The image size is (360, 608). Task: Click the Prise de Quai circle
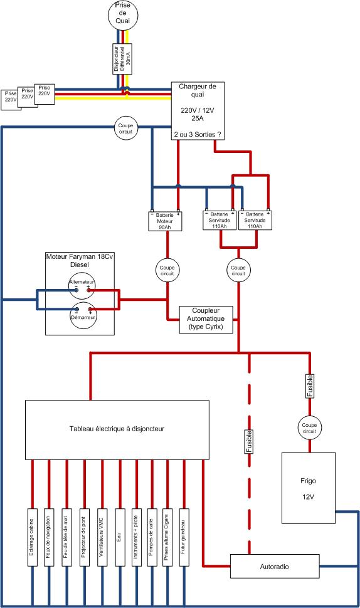click(x=122, y=14)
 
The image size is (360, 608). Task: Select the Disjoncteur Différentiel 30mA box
click(x=122, y=58)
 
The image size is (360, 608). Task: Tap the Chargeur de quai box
click(x=198, y=111)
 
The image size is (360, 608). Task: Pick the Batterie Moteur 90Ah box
click(x=165, y=221)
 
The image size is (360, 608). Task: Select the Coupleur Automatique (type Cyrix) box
click(x=206, y=320)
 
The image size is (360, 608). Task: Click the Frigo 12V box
click(x=309, y=488)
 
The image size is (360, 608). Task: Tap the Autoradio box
click(x=275, y=567)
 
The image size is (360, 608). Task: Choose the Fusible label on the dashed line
click(x=249, y=441)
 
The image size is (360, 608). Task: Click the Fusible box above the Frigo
click(x=310, y=386)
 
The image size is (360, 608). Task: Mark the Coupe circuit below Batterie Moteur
click(x=167, y=270)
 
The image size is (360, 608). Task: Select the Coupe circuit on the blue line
click(x=125, y=128)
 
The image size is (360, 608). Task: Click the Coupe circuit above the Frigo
click(x=310, y=428)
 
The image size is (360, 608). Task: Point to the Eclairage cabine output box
click(x=32, y=537)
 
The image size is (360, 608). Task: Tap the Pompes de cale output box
click(x=152, y=537)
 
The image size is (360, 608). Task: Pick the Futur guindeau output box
click(x=184, y=537)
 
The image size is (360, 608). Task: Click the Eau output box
click(x=120, y=537)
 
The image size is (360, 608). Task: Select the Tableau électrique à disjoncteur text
click(x=117, y=429)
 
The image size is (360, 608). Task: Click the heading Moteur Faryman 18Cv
click(x=80, y=256)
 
